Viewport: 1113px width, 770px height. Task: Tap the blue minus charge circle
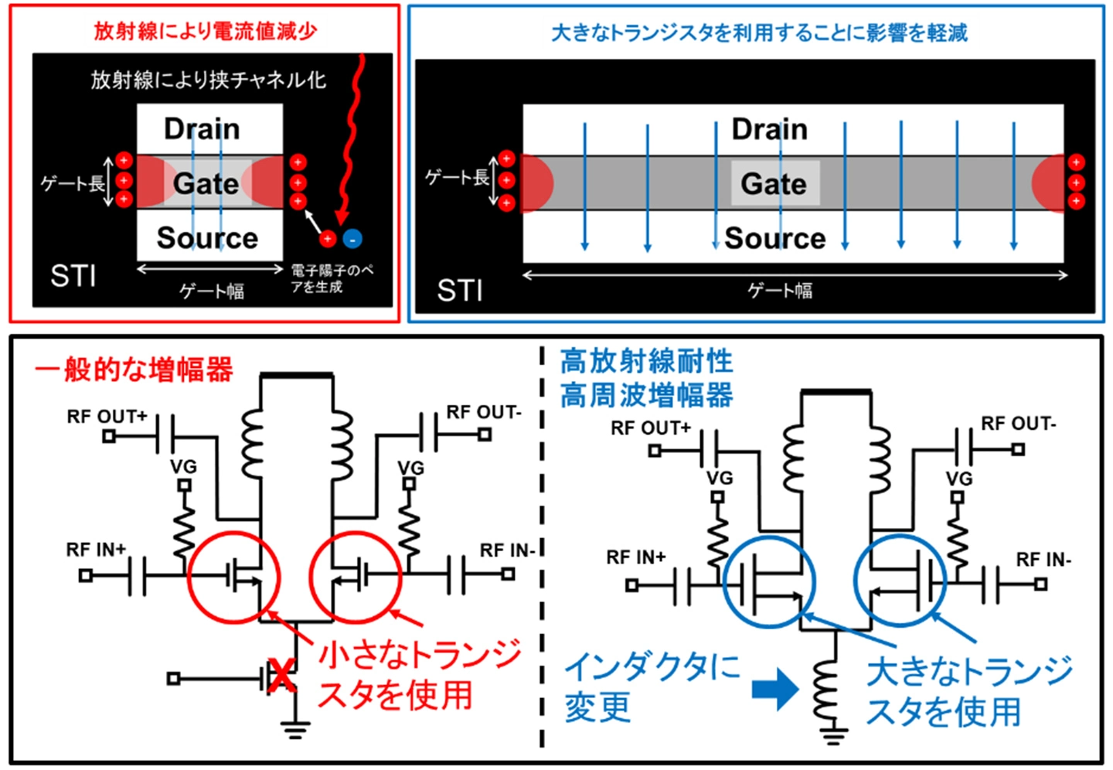[x=352, y=239]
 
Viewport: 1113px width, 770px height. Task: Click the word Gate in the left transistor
[x=206, y=183]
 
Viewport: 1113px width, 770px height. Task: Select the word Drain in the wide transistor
[x=769, y=129]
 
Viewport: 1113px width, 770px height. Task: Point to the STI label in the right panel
[x=460, y=291]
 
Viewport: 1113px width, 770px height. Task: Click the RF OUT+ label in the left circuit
[x=107, y=417]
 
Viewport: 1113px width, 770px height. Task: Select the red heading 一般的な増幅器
[x=134, y=370]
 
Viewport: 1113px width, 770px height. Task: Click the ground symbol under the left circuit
[x=295, y=729]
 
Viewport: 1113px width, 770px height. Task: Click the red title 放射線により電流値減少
[x=205, y=31]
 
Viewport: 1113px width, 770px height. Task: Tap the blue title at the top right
[x=758, y=32]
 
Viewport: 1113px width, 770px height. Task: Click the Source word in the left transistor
[x=207, y=238]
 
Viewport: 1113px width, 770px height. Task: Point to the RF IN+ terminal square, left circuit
[x=86, y=575]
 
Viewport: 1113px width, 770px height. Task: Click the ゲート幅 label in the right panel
[x=780, y=291]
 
